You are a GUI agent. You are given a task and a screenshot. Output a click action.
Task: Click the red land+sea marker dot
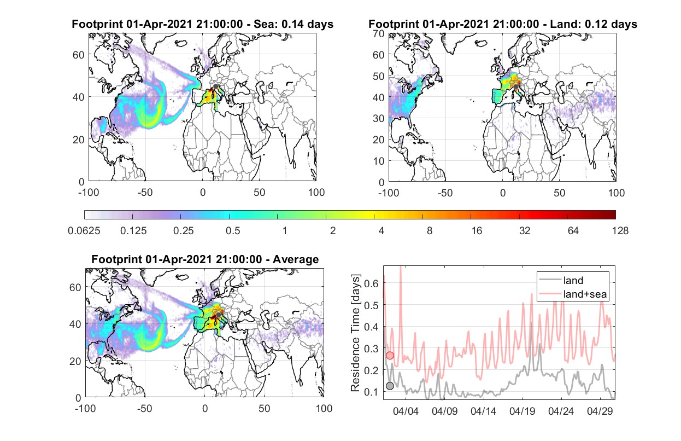pos(390,355)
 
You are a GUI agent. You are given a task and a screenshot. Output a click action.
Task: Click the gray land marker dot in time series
pos(390,386)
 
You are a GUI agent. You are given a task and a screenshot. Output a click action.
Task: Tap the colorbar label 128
pos(620,231)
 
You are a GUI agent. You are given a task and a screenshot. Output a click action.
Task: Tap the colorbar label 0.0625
pos(84,231)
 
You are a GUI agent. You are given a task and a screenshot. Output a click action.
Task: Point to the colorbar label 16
pos(477,231)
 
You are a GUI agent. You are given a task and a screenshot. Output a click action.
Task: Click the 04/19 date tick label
pos(522,411)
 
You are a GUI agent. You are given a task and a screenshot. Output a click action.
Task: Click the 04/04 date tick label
pos(406,411)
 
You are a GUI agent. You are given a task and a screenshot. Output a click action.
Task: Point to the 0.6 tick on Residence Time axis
pos(371,283)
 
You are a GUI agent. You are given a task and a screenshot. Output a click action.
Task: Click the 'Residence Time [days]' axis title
pos(355,333)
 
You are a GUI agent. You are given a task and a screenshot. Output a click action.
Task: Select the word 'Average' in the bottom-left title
pos(296,259)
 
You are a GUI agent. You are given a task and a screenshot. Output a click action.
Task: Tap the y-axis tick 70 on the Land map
pos(379,34)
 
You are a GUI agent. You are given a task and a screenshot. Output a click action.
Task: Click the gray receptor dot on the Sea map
pos(215,86)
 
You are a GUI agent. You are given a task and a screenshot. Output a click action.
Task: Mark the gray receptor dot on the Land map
pos(515,87)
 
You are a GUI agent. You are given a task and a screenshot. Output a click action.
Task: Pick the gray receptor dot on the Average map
pos(218,315)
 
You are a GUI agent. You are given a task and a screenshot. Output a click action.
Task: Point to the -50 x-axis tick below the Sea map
pos(145,193)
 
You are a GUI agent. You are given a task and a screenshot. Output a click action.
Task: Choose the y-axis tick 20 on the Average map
pos(75,361)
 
